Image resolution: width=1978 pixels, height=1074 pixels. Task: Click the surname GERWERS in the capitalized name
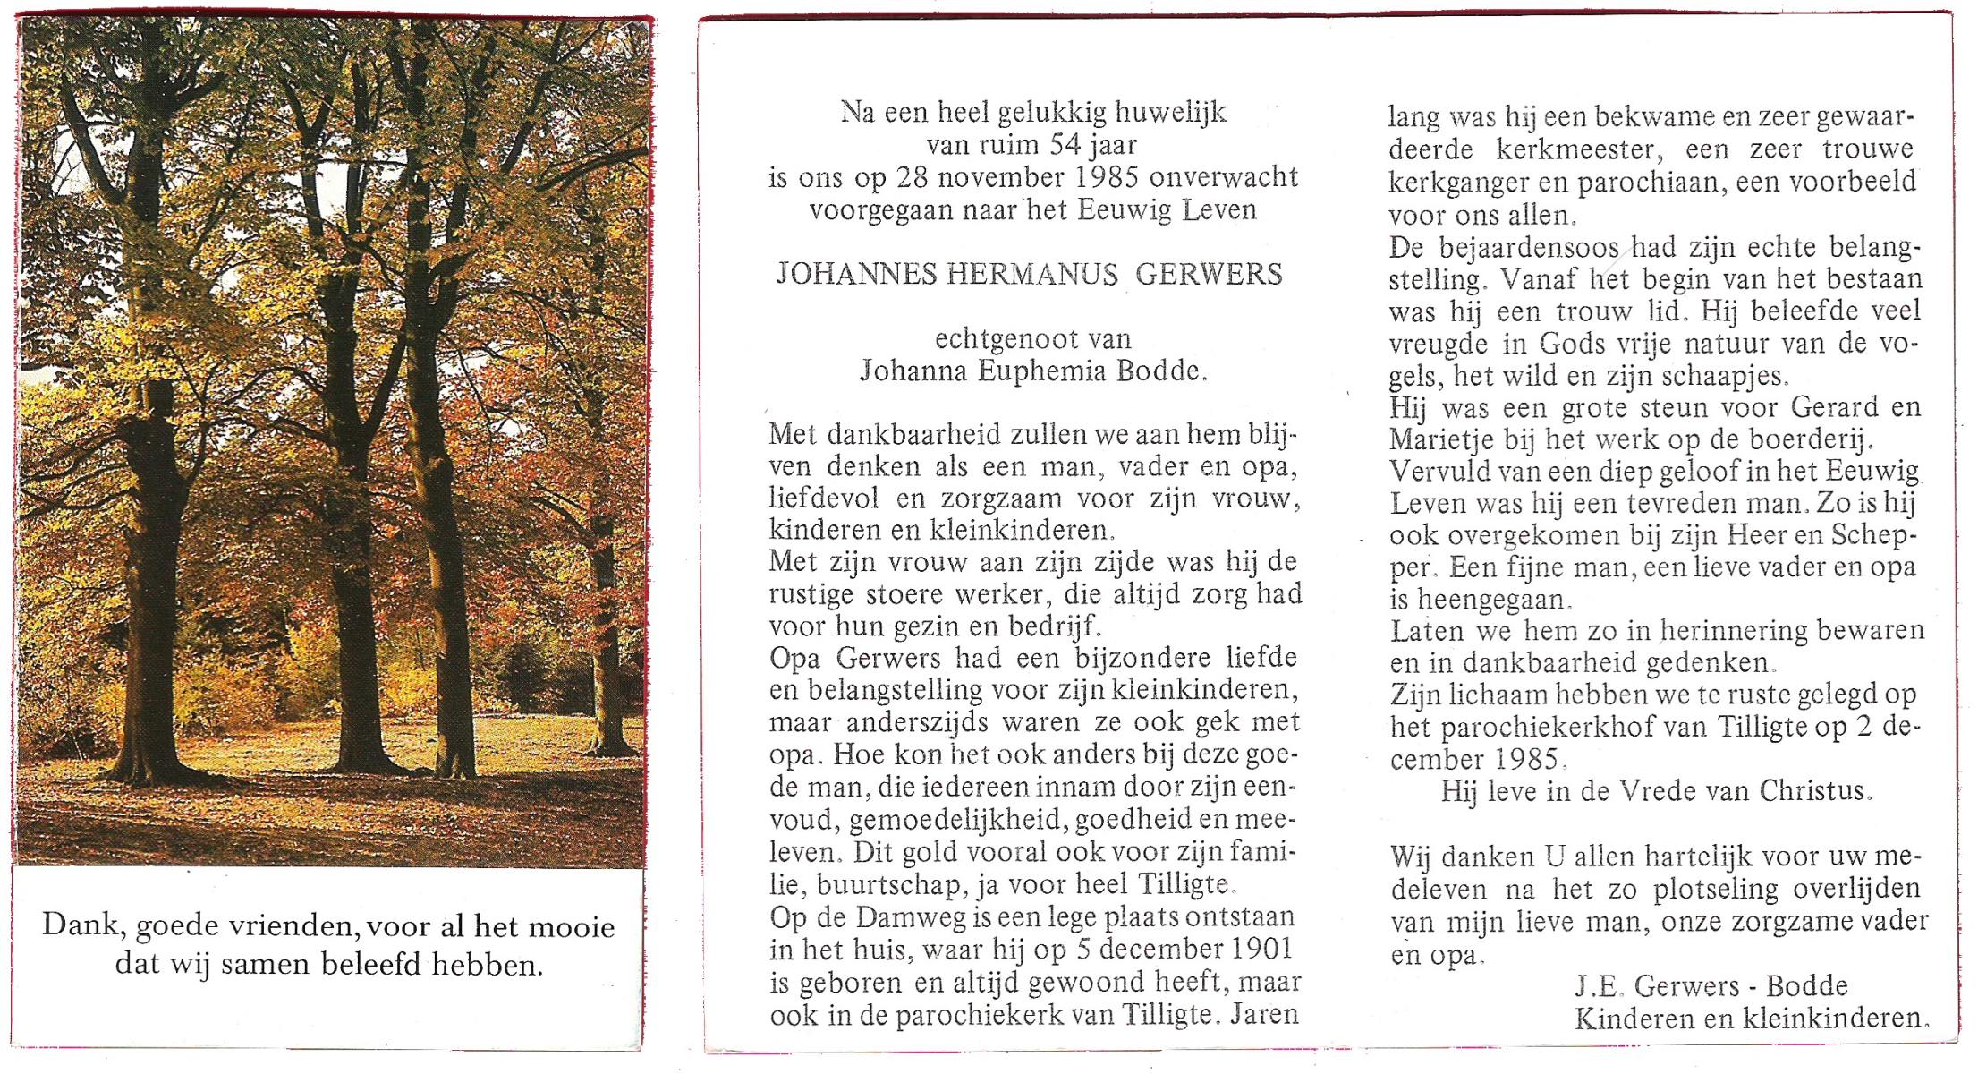(1209, 274)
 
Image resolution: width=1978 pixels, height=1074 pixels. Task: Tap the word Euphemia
(1038, 371)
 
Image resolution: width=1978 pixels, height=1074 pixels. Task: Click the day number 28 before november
(913, 177)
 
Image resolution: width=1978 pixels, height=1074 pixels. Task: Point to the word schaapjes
(1731, 376)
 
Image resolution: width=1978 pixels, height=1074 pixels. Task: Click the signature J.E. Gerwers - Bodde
(1711, 986)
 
